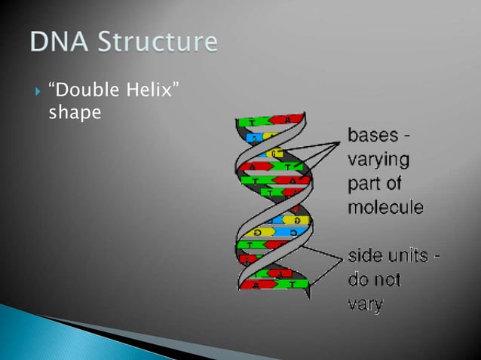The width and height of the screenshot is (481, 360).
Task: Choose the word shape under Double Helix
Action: point(75,111)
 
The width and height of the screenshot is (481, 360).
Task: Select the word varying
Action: point(378,160)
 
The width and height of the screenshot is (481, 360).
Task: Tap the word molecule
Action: point(385,207)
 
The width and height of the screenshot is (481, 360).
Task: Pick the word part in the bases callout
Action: point(363,184)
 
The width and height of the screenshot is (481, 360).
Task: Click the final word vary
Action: point(365,304)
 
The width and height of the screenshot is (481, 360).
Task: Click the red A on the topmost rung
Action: point(288,119)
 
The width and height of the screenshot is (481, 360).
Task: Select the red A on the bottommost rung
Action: point(256,285)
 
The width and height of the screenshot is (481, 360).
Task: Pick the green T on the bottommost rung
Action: point(293,285)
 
